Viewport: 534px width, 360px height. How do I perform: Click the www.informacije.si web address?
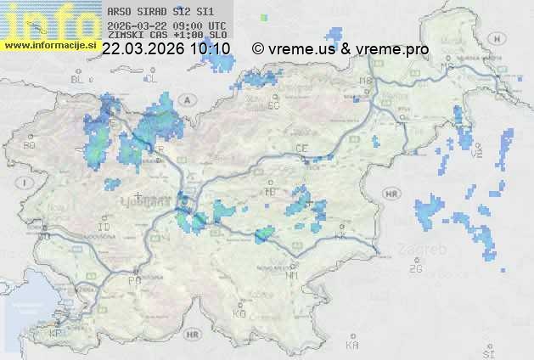(50, 45)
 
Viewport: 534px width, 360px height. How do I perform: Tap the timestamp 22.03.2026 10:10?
(166, 49)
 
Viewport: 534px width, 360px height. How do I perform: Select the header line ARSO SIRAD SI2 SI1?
(155, 13)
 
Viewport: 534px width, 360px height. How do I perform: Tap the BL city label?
(79, 79)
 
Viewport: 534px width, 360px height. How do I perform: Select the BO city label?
(30, 145)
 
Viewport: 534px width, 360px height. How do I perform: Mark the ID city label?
(104, 228)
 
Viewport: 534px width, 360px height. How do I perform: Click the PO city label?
(133, 280)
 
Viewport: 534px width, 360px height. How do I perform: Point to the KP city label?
(56, 333)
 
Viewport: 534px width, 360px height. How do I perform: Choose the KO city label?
(239, 313)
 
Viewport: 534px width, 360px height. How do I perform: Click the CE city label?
(301, 148)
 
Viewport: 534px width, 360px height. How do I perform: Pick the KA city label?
(352, 345)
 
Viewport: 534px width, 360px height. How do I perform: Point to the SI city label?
(487, 352)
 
